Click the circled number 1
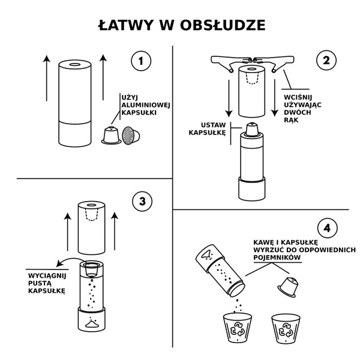tap(140, 61)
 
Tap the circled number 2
tap(326, 61)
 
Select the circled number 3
tap(142, 201)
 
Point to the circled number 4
tap(327, 228)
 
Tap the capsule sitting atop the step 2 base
tap(252, 130)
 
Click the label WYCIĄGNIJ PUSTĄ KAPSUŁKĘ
tap(42, 281)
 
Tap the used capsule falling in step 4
tap(289, 287)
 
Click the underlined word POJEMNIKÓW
tap(277, 256)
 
